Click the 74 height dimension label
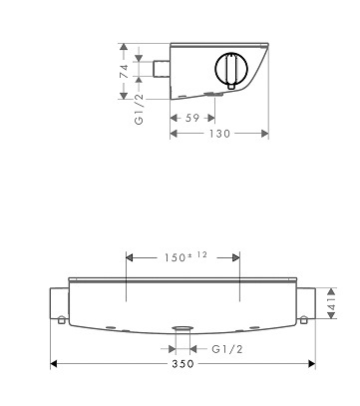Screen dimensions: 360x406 point(124,71)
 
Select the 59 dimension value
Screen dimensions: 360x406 point(192,118)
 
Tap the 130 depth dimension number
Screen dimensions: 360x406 point(219,134)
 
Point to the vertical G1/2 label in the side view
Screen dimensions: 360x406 point(139,109)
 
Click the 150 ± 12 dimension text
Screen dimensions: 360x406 point(185,256)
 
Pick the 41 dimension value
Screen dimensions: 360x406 point(332,303)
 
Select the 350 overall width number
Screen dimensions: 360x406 point(182,364)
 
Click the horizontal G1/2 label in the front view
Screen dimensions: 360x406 point(227,349)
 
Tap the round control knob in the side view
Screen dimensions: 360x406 point(230,69)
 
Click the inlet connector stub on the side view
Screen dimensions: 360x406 point(162,69)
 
